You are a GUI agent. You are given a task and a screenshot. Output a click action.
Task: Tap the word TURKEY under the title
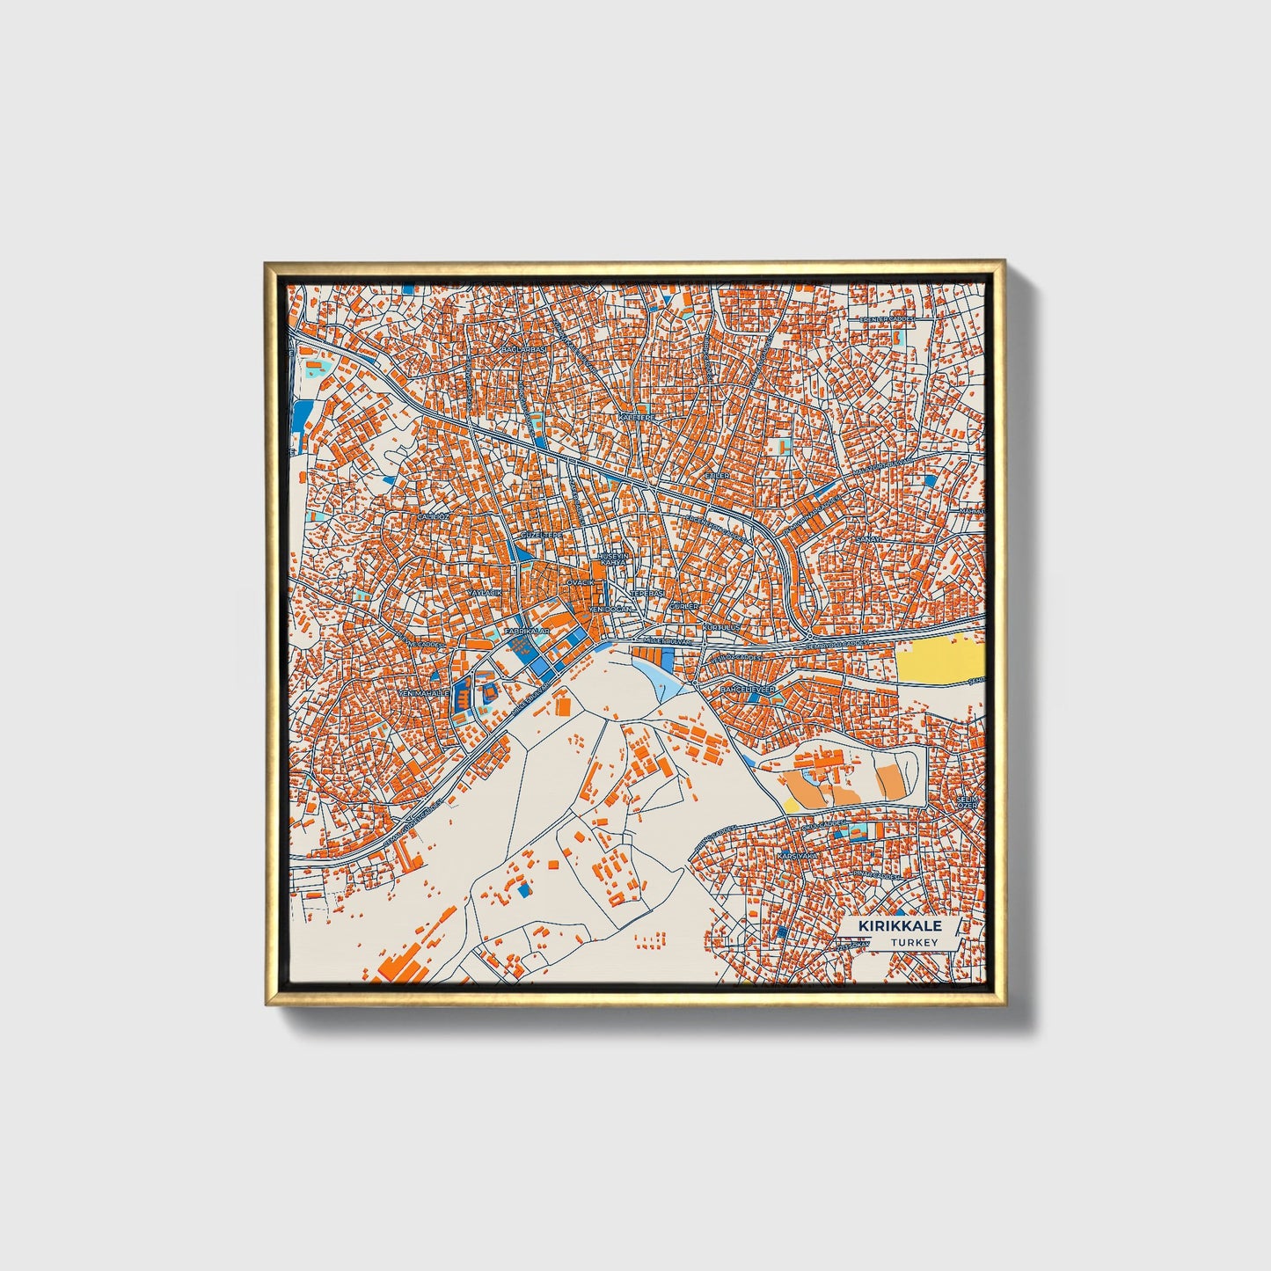click(x=914, y=942)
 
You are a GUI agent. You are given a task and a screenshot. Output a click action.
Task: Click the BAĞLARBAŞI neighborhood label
click(x=523, y=349)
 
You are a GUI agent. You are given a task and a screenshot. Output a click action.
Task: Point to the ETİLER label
click(x=718, y=475)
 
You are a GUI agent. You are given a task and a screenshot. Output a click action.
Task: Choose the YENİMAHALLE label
click(x=424, y=693)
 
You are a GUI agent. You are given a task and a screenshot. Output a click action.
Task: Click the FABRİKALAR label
click(x=527, y=632)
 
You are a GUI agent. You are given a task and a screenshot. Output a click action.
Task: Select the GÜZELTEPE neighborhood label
click(x=541, y=535)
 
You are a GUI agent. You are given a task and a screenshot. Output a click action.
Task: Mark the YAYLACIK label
click(x=484, y=594)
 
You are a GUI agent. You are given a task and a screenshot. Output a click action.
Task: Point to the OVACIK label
click(x=581, y=582)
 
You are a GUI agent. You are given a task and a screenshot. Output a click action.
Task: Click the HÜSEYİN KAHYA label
click(x=612, y=559)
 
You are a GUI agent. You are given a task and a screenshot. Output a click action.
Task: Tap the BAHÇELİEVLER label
click(x=748, y=690)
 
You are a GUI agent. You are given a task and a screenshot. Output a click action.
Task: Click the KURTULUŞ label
click(x=721, y=627)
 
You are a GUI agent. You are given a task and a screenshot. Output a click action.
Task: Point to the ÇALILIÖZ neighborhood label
click(x=433, y=516)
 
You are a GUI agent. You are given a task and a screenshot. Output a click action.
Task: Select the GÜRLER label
click(x=683, y=607)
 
